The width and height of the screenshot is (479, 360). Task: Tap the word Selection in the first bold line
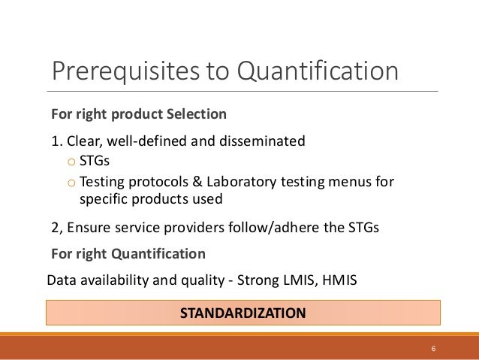(x=198, y=115)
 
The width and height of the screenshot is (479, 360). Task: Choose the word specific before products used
(x=103, y=200)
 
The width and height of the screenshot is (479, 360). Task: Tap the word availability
(x=110, y=280)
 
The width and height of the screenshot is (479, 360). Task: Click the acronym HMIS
(x=339, y=280)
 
